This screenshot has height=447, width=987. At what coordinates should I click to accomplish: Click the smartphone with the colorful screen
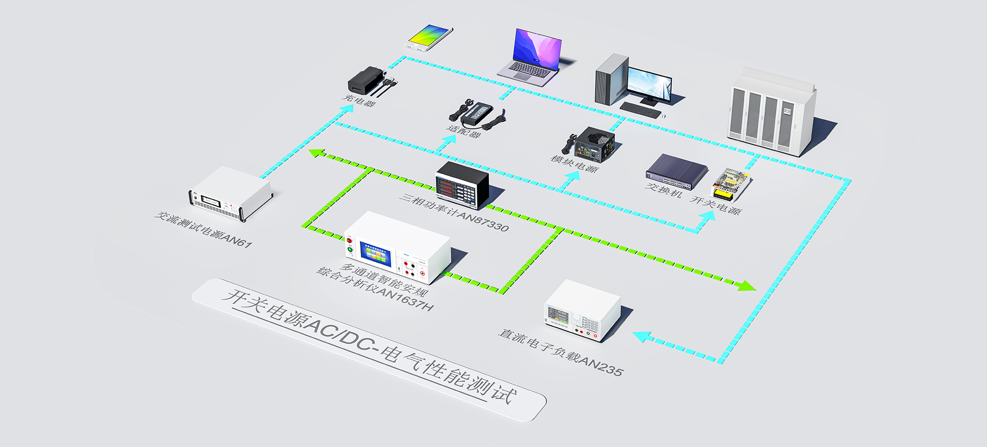pyautogui.click(x=430, y=37)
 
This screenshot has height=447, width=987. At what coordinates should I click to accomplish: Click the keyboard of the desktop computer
pyautogui.click(x=640, y=110)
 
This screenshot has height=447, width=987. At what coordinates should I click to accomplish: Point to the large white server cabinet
pyautogui.click(x=771, y=113)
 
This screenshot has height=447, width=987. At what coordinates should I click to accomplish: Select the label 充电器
pyautogui.click(x=359, y=100)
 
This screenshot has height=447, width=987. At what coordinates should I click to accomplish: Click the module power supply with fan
pyautogui.click(x=594, y=144)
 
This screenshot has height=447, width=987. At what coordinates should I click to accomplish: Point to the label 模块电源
pyautogui.click(x=575, y=163)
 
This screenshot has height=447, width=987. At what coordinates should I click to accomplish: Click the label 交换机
pyautogui.click(x=664, y=190)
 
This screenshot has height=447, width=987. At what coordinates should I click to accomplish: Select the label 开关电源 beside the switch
pyautogui.click(x=715, y=204)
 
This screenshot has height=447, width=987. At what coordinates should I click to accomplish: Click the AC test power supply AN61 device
pyautogui.click(x=230, y=194)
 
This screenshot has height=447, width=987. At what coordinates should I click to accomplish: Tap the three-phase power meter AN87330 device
pyautogui.click(x=462, y=185)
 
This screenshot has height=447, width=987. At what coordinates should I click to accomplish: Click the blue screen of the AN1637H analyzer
pyautogui.click(x=375, y=253)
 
